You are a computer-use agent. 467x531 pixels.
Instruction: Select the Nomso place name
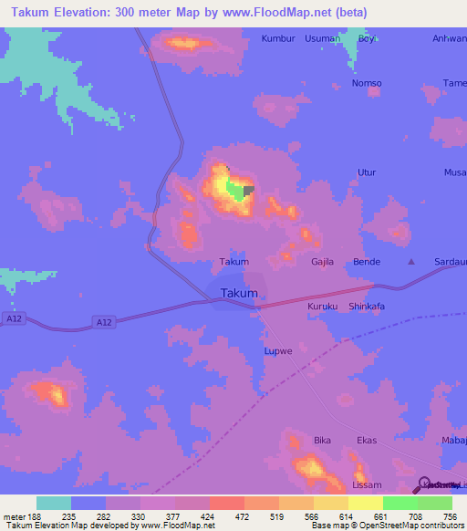coord(367,83)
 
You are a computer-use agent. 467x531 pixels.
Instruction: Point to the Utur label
coord(367,172)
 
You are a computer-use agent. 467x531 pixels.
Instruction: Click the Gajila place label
coord(324,262)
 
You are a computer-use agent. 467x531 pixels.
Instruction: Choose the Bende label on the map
coord(367,262)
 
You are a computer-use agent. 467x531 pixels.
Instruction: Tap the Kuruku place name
coord(323,307)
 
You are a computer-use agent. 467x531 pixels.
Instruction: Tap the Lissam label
coord(367,484)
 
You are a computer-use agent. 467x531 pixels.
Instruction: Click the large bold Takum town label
coord(238,293)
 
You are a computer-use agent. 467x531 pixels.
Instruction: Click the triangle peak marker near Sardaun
coord(410,262)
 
